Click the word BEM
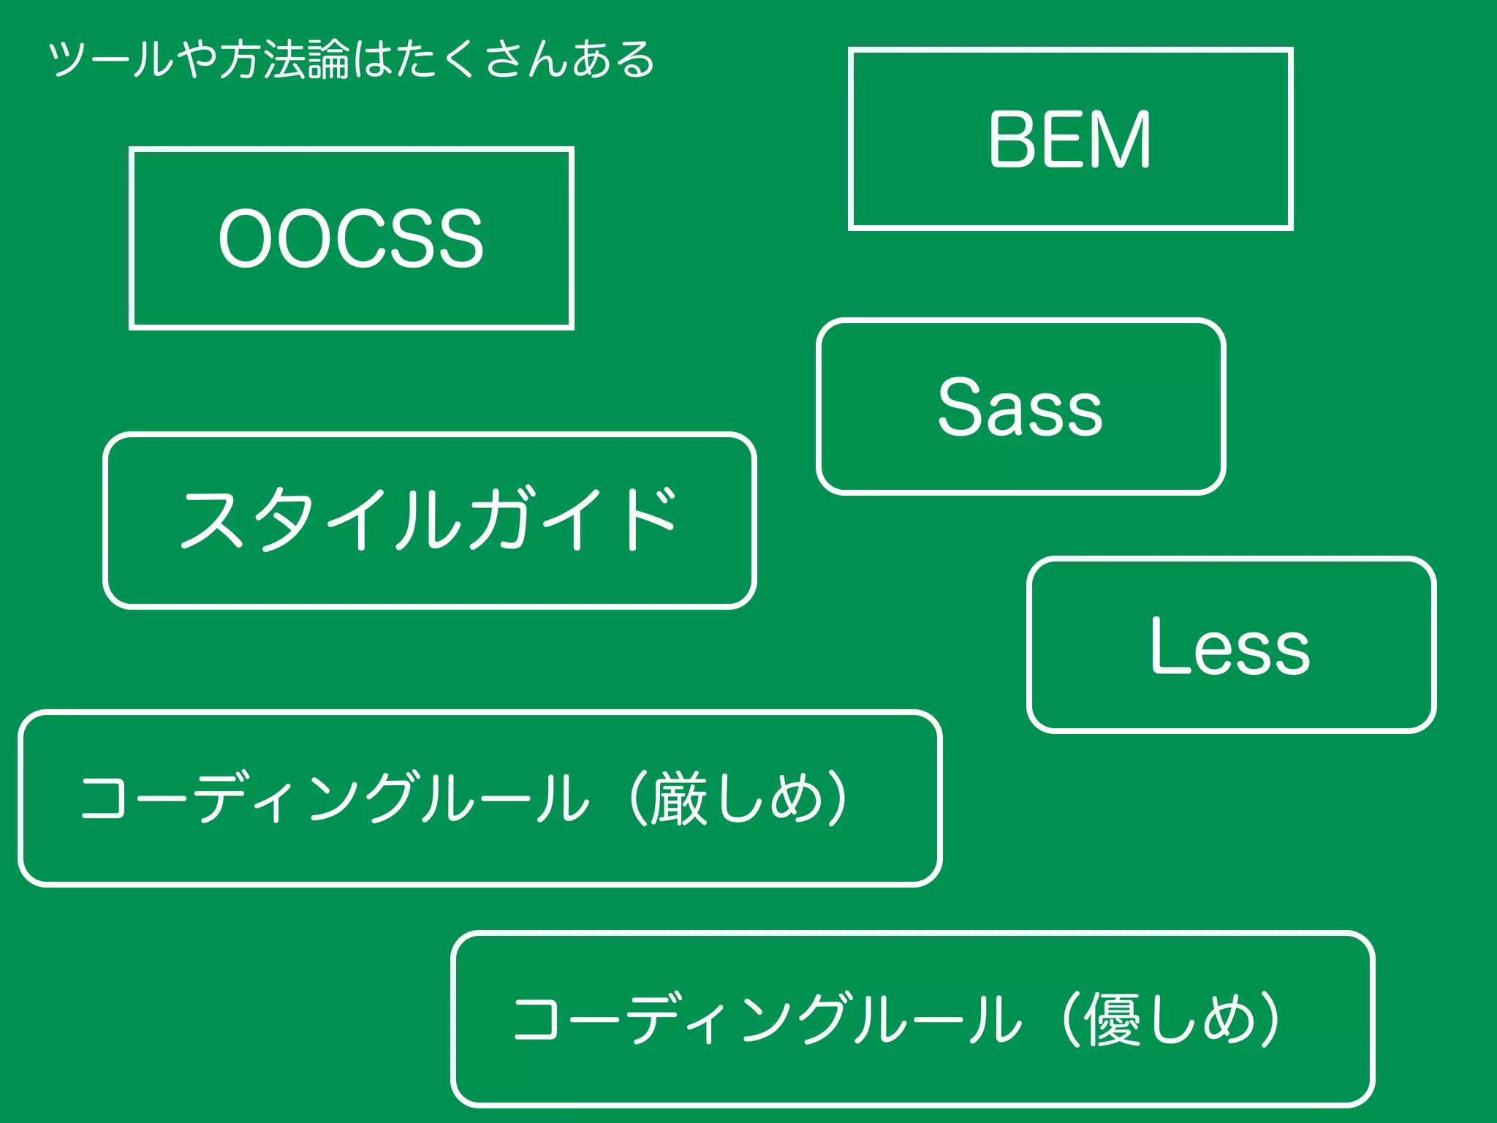click(1069, 140)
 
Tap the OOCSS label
click(351, 238)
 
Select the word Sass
click(1020, 407)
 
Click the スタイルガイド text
click(429, 520)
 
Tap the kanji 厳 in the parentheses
click(678, 798)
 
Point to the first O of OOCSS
click(246, 238)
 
